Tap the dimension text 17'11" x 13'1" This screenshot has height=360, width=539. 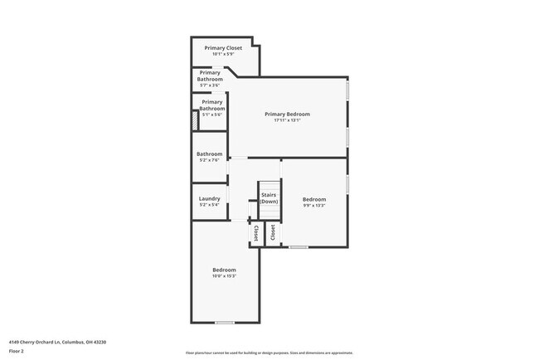tap(287, 120)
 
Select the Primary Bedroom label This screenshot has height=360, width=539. tap(287, 114)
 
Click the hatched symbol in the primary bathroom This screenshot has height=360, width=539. tap(196, 121)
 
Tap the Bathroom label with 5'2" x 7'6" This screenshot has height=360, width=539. tap(209, 154)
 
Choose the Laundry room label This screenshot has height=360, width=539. tap(209, 198)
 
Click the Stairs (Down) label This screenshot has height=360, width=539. tap(269, 198)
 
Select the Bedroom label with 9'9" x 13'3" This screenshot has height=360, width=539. tap(313, 199)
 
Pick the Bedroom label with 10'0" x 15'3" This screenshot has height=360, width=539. tap(224, 270)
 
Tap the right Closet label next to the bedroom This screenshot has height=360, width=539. tap(272, 231)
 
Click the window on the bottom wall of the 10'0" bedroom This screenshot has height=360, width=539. tap(224, 322)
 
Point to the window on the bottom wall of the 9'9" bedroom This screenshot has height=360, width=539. tap(299, 246)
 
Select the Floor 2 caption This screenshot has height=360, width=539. tap(17, 351)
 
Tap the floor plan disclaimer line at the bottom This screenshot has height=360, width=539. tap(269, 353)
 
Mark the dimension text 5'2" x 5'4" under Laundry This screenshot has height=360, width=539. tap(209, 205)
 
